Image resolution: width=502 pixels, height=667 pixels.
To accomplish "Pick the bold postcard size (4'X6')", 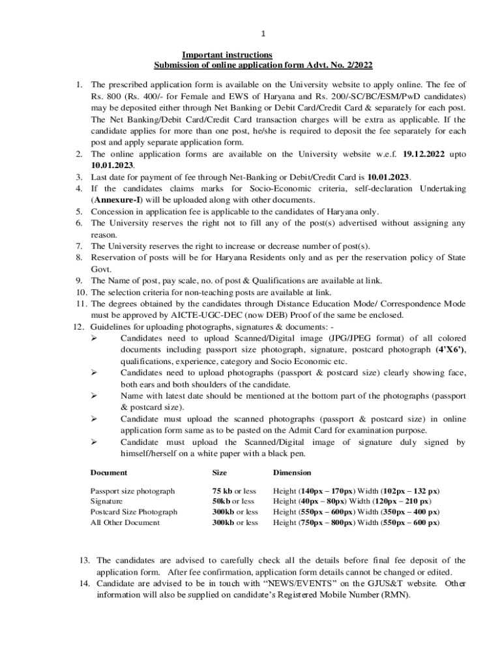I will [x=450, y=350].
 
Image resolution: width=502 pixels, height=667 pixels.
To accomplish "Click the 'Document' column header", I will [x=108, y=472].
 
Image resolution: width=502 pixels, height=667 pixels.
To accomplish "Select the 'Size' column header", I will [x=220, y=472].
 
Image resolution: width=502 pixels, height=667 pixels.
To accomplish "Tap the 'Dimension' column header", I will [x=292, y=472].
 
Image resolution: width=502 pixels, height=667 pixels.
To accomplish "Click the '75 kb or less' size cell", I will [x=234, y=490].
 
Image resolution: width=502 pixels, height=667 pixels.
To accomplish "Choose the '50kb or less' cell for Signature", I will [x=233, y=502].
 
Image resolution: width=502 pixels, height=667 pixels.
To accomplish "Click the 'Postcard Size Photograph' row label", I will [x=134, y=512].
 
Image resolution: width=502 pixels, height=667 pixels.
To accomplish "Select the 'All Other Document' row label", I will [x=125, y=522].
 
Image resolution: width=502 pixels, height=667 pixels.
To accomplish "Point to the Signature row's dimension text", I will [x=351, y=502].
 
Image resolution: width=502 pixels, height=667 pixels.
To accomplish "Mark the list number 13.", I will [x=84, y=560].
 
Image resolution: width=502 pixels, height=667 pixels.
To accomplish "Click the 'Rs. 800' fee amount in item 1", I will [x=106, y=96].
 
